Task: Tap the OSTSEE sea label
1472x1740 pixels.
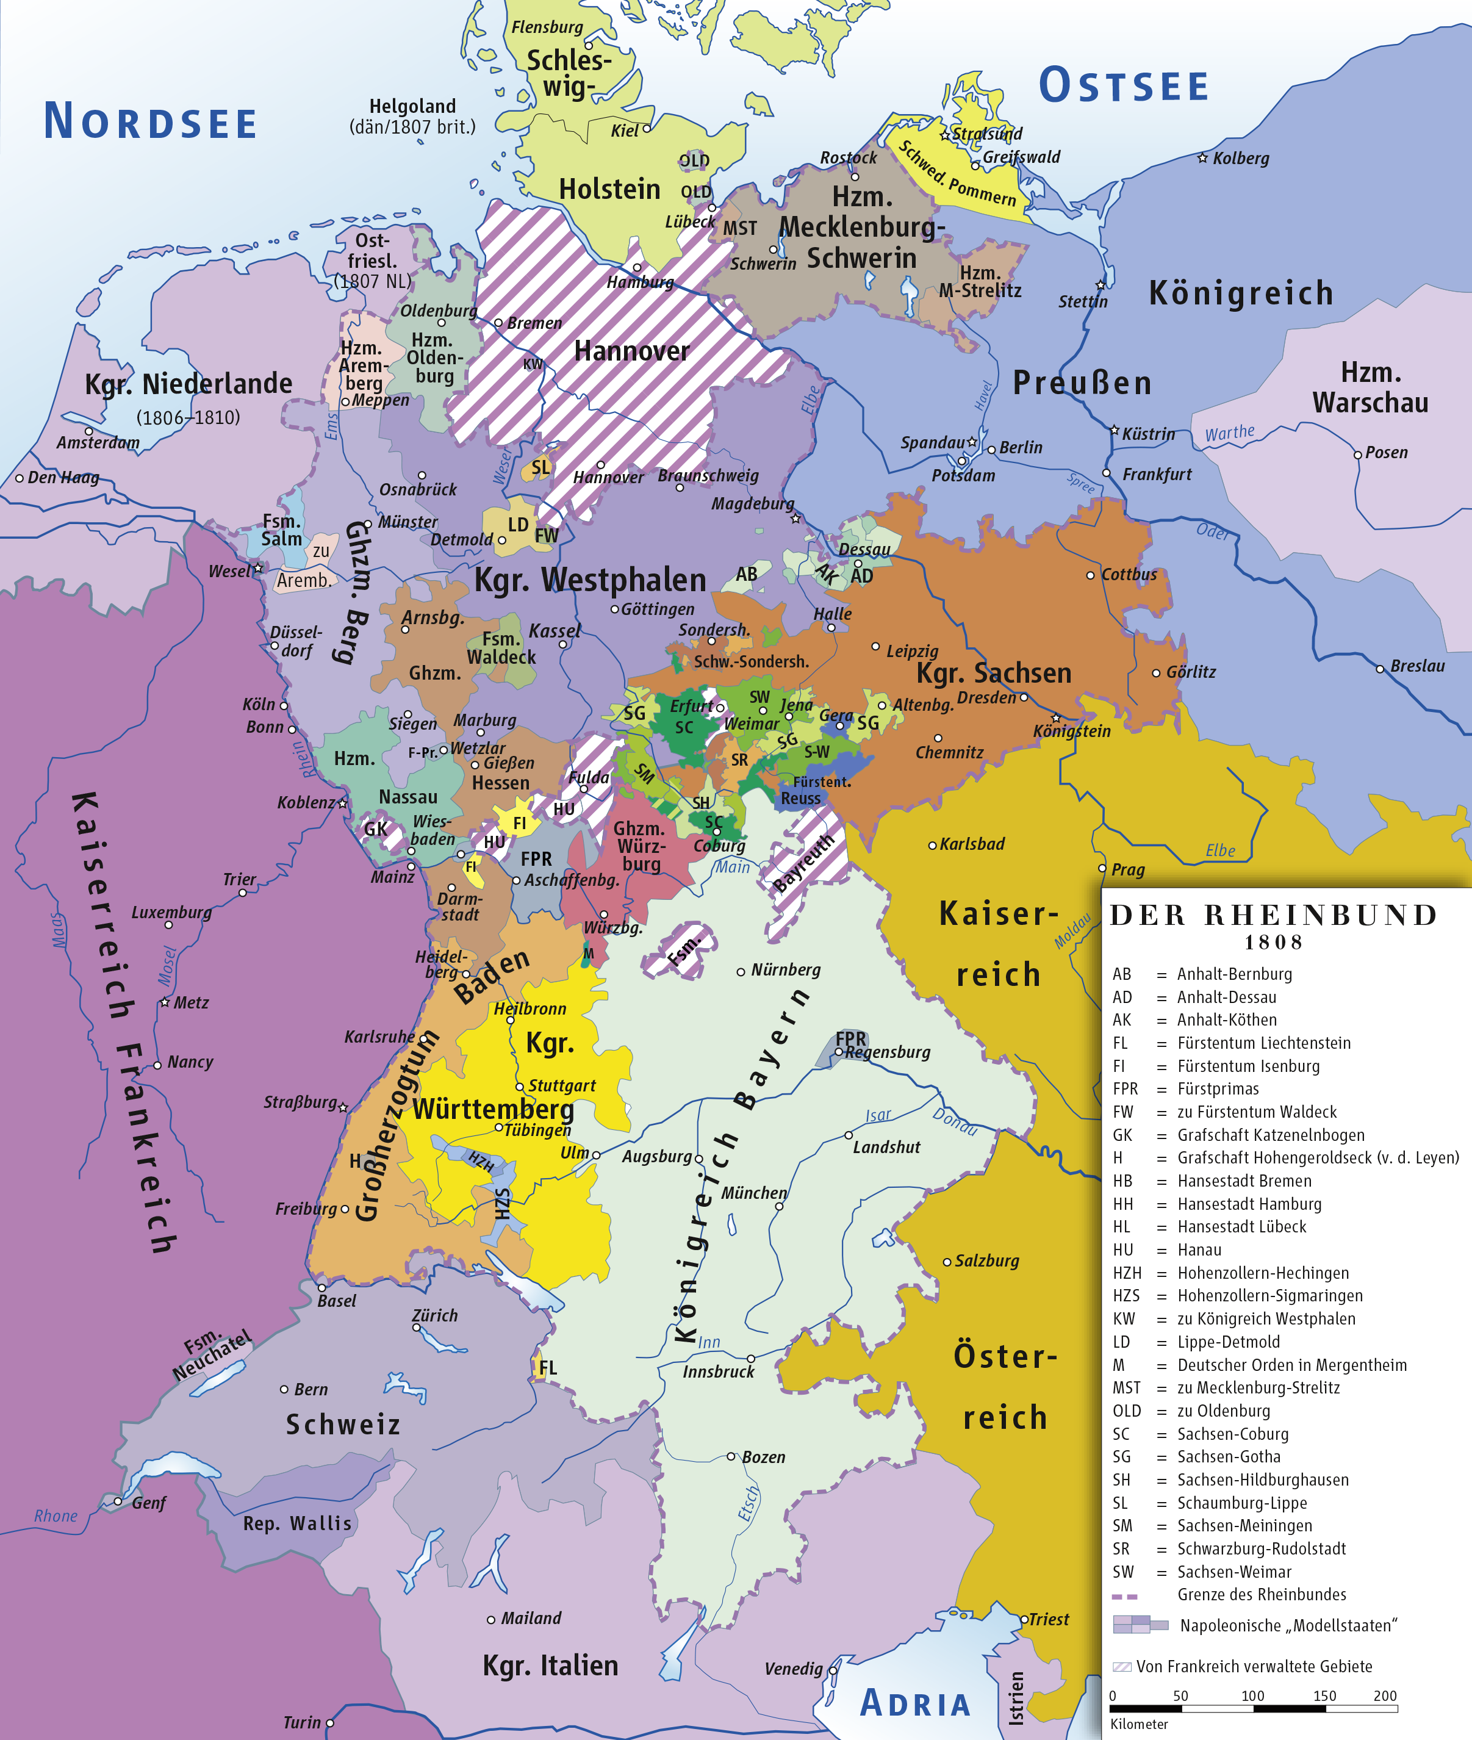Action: (1123, 86)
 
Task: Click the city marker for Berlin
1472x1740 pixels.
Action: (991, 449)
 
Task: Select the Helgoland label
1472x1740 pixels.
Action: (412, 107)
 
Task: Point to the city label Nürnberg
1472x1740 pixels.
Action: (784, 969)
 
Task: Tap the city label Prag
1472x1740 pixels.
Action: (1127, 869)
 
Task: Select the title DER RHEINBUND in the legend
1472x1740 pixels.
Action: (1273, 916)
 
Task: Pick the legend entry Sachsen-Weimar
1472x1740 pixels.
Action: (1234, 1572)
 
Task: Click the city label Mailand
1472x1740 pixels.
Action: (531, 1618)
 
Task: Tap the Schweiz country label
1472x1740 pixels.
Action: (343, 1425)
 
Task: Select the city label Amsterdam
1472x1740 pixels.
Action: (98, 443)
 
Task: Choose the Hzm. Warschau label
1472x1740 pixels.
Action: (1370, 387)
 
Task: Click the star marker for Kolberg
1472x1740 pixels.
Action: (1202, 158)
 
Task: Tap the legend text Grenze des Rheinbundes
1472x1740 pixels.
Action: (1261, 1595)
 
